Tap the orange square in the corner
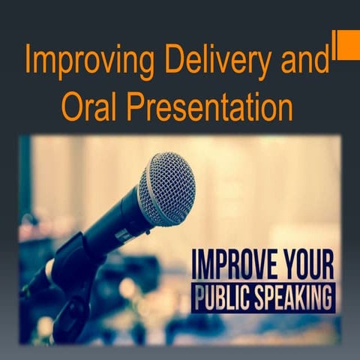348,44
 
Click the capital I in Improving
28,60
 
